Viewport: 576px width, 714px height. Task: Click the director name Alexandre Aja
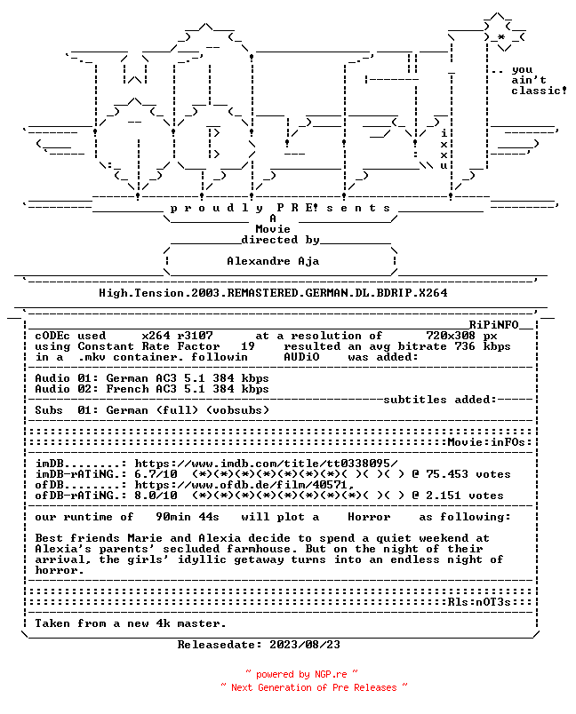click(273, 261)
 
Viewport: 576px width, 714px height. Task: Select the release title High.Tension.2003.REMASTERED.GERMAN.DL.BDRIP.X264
click(274, 293)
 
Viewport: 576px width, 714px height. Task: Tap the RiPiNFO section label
click(494, 325)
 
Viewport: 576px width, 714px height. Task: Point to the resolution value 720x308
click(451, 336)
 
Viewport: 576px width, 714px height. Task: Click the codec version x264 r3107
click(177, 336)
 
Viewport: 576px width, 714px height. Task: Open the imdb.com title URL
click(266, 464)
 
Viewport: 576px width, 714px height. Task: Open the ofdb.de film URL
click(244, 485)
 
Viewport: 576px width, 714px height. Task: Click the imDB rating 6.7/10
click(156, 474)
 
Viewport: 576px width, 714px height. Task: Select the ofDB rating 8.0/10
click(156, 496)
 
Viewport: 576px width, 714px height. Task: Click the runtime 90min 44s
click(188, 517)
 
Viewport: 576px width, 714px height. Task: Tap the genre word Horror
click(369, 517)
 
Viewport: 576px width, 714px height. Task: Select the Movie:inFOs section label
click(490, 442)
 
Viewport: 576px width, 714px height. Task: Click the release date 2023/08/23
click(305, 645)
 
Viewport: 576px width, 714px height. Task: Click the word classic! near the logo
click(539, 91)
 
